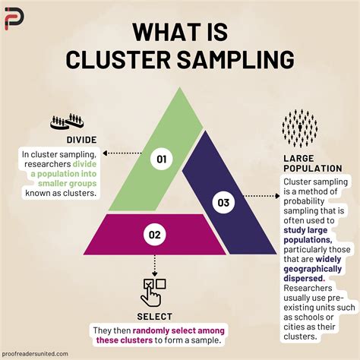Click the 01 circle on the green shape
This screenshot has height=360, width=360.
point(162,159)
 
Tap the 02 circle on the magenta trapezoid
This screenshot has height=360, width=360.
point(155,235)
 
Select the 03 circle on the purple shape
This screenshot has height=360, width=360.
point(223,202)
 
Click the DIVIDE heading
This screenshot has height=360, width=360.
point(81,140)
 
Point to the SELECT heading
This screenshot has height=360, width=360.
point(155,317)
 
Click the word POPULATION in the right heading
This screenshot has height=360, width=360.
point(313,169)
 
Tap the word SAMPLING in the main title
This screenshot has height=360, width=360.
point(235,59)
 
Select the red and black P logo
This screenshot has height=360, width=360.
point(14,18)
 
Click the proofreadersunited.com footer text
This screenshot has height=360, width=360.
point(35,354)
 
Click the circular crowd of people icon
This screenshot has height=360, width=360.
point(300,128)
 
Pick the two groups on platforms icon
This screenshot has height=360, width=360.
point(67,122)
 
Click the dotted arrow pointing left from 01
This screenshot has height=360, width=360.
point(122,153)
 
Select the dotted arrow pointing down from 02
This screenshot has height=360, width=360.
point(155,266)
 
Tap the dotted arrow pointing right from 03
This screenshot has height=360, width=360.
point(261,196)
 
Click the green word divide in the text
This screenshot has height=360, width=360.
point(84,164)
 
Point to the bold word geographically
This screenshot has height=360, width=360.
point(313,269)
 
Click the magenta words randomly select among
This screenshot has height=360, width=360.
point(178,330)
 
